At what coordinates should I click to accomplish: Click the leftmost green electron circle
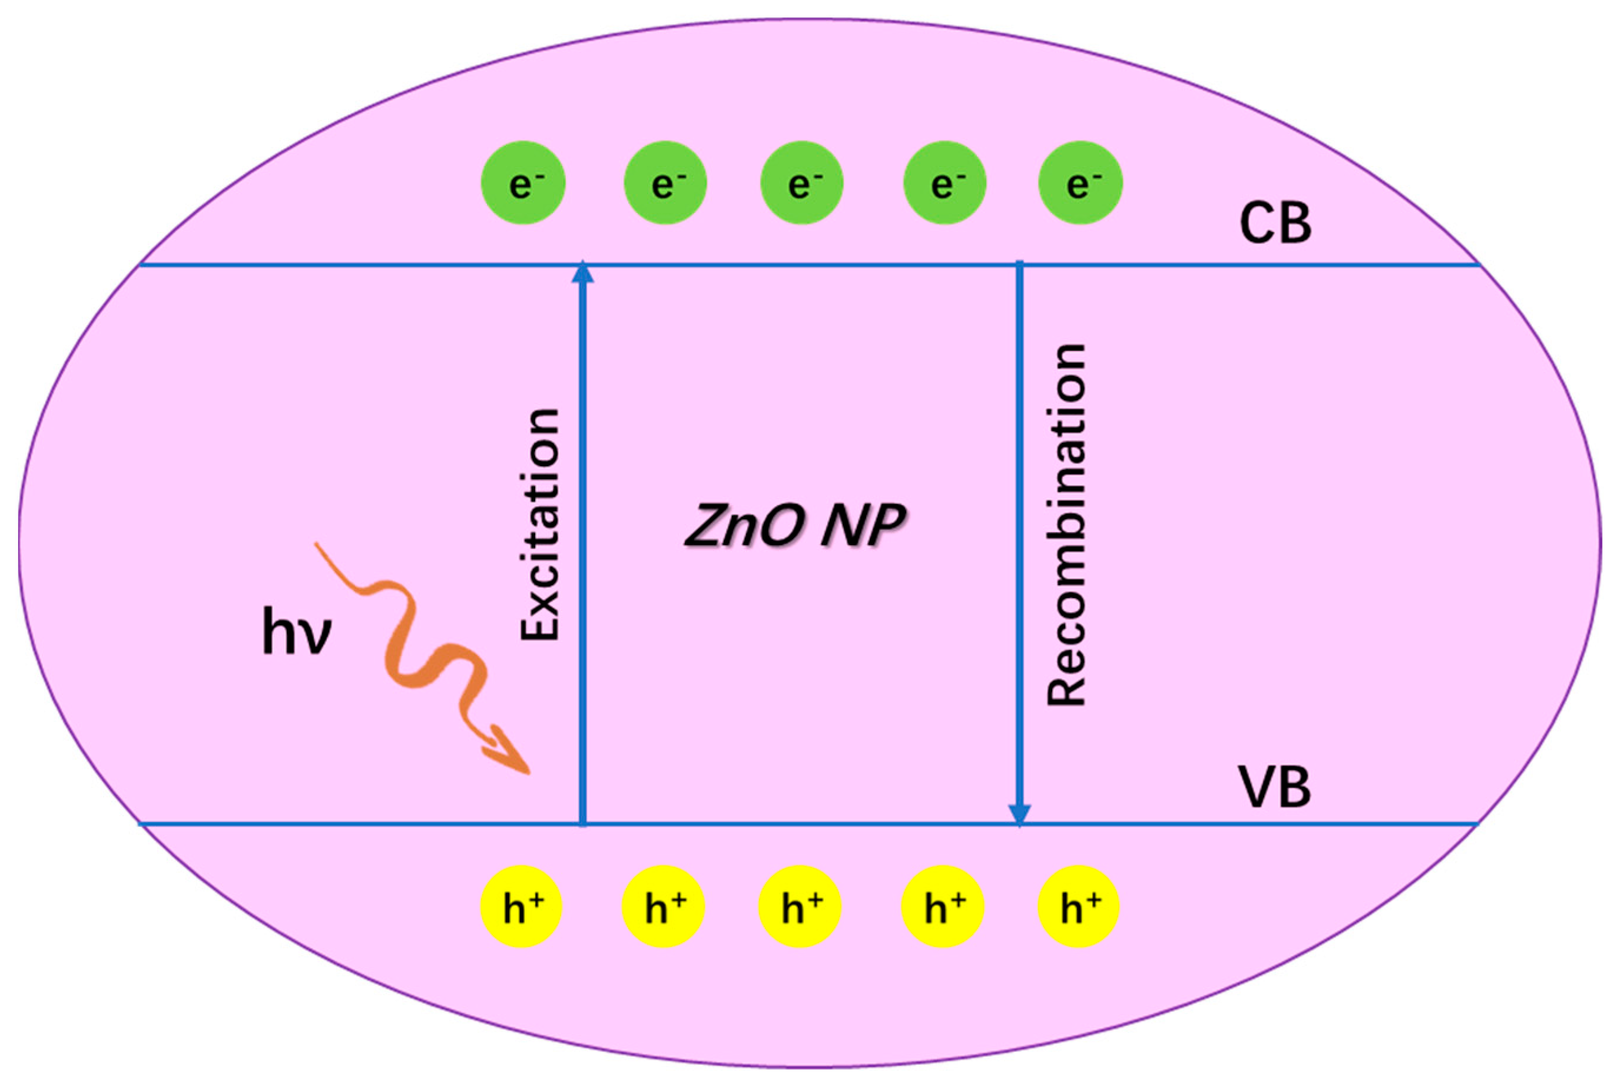click(x=523, y=183)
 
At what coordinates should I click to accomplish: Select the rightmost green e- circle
click(x=1080, y=183)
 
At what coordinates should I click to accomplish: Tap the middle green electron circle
click(x=802, y=183)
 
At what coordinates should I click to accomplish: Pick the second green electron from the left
click(x=665, y=183)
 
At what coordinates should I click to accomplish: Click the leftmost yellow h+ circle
click(x=522, y=907)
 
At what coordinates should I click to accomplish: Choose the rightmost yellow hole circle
click(x=1079, y=907)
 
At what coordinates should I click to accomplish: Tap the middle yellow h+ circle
click(x=800, y=907)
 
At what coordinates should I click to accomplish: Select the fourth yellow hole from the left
click(x=943, y=907)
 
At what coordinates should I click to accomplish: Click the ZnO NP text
click(x=795, y=525)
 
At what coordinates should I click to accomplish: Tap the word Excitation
click(x=541, y=524)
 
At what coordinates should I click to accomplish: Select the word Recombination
click(x=1066, y=525)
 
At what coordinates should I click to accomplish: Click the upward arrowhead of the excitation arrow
click(x=582, y=273)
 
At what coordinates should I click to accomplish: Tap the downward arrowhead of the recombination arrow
click(x=1019, y=814)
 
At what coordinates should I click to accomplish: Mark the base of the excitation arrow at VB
click(x=583, y=823)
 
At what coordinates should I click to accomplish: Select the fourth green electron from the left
click(x=944, y=183)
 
